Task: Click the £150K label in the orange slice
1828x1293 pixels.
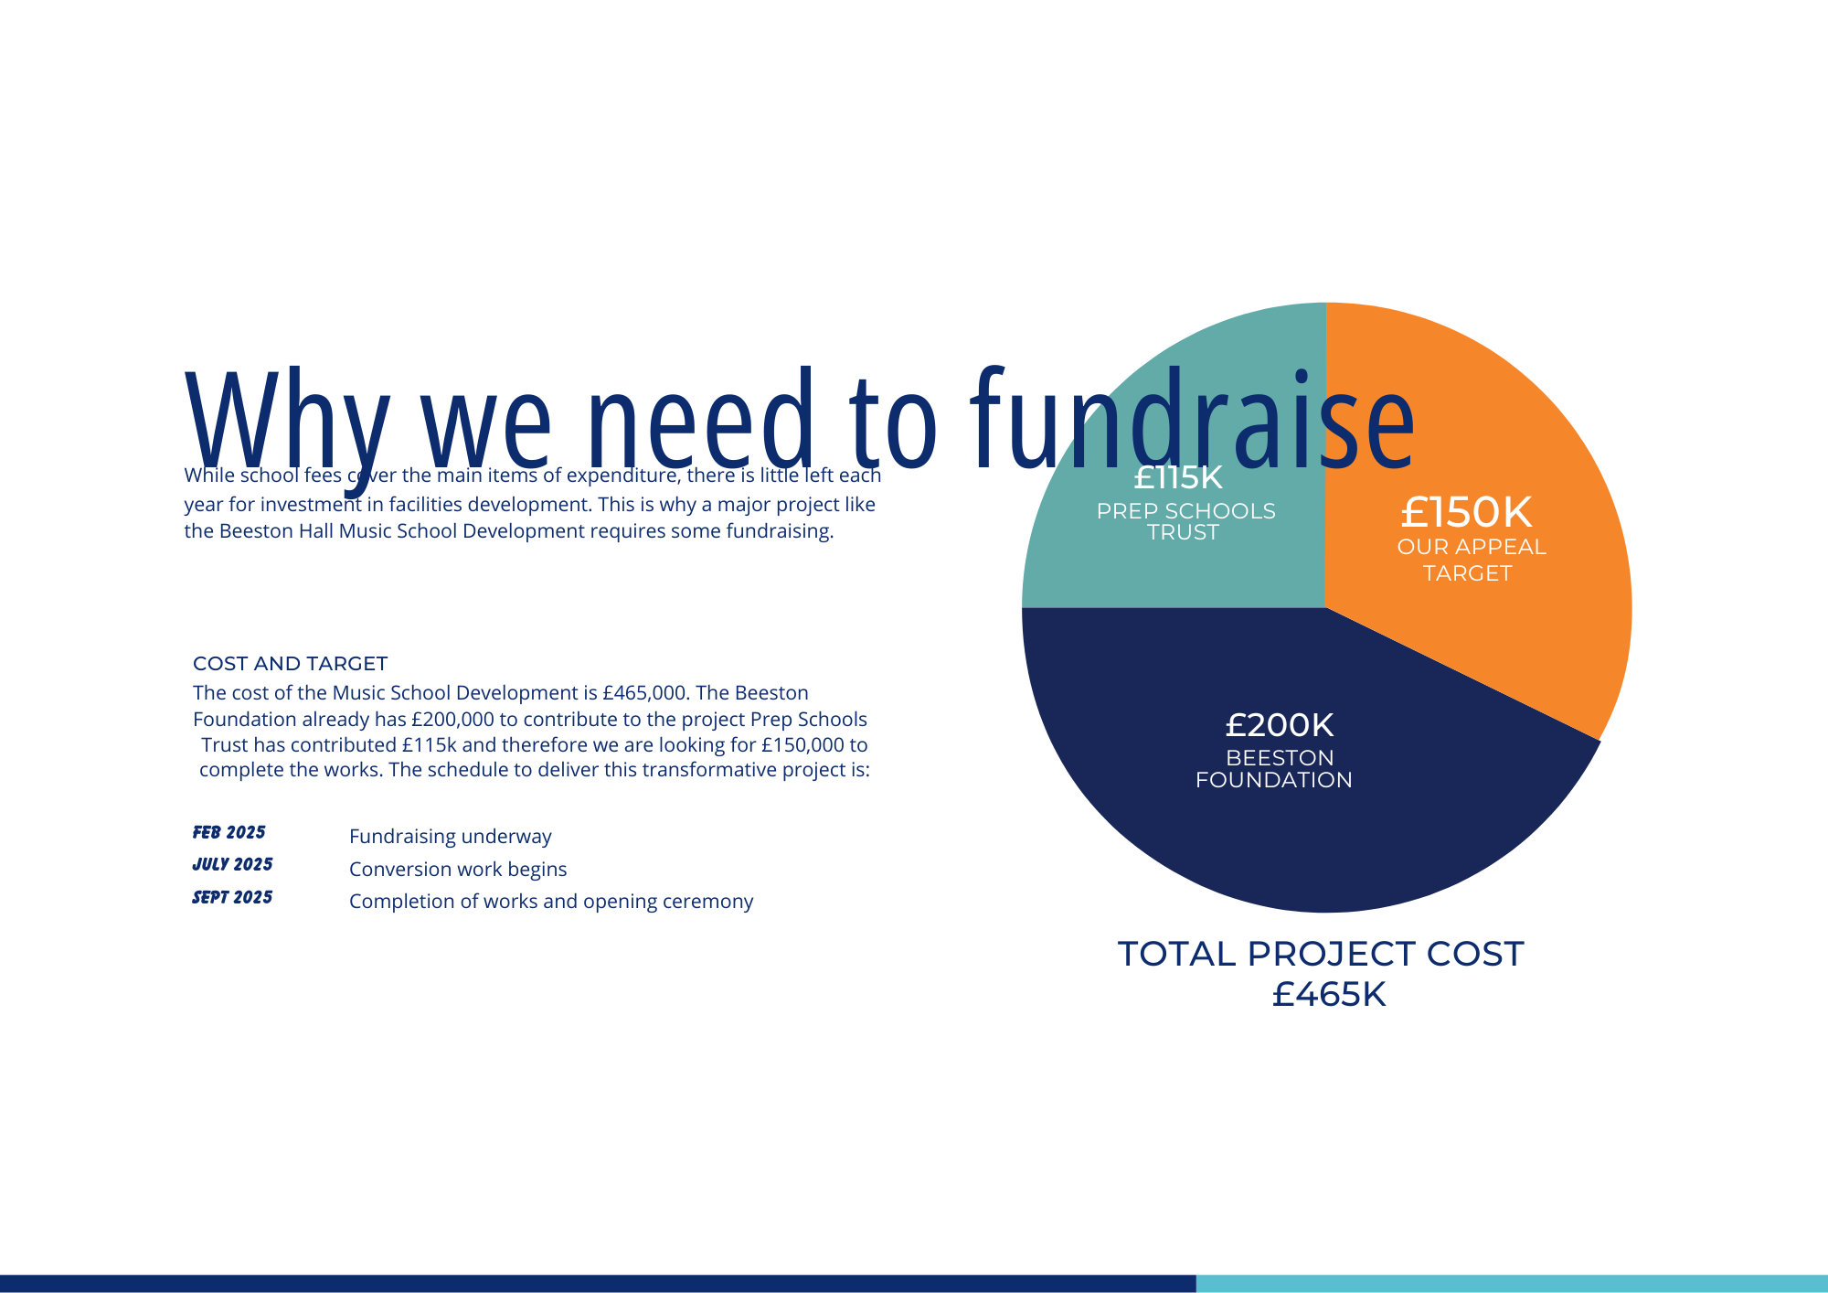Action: click(1466, 512)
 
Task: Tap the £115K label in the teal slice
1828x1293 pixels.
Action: click(1177, 477)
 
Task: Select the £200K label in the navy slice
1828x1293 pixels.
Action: click(1279, 725)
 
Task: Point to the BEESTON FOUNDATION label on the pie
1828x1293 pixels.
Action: click(1274, 769)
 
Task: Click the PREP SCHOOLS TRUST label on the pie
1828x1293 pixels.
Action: click(1185, 521)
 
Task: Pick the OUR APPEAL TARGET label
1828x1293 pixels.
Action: click(1471, 560)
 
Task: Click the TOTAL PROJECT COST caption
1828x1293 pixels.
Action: click(1321, 954)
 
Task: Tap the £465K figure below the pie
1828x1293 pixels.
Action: click(1329, 994)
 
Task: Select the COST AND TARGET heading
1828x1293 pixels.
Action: click(290, 664)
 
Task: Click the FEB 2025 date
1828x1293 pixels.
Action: click(228, 832)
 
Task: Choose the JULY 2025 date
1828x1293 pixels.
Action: click(232, 864)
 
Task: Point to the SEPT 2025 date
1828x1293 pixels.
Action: click(232, 897)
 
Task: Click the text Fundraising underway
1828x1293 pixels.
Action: click(451, 837)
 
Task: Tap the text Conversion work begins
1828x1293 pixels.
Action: click(458, 870)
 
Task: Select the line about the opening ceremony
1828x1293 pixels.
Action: click(551, 902)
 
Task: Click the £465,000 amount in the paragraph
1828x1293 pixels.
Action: click(643, 693)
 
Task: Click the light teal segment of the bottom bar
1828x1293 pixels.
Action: click(1512, 1284)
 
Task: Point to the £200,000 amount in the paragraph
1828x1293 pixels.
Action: click(452, 720)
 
